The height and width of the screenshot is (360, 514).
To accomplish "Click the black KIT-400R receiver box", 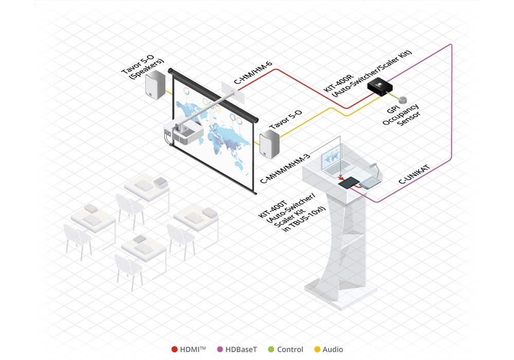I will (381, 88).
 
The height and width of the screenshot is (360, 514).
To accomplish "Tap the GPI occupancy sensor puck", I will (403, 98).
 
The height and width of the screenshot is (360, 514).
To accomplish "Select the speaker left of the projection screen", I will (155, 85).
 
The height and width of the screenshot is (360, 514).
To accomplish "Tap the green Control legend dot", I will (270, 350).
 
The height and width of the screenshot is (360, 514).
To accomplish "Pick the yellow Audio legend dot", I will (317, 350).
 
